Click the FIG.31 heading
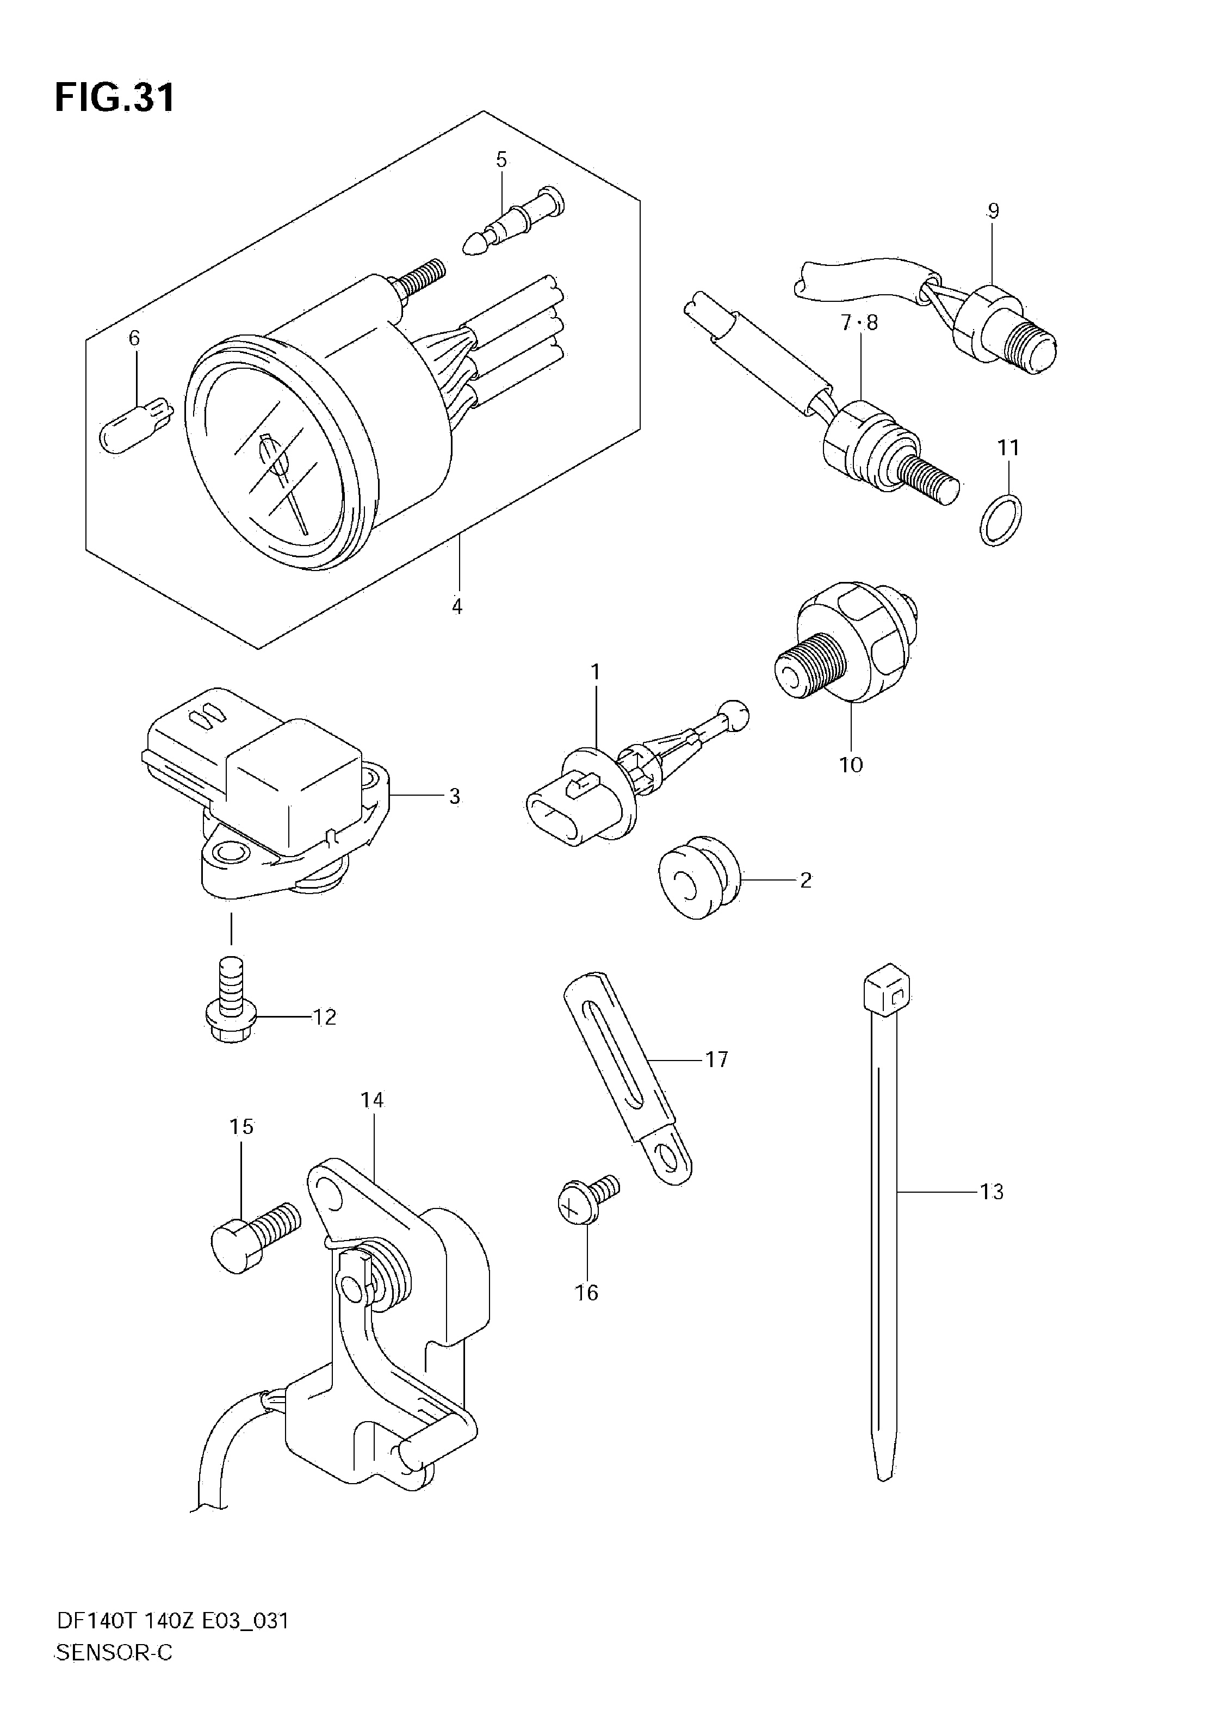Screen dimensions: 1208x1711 [115, 97]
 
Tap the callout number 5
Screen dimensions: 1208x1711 [501, 159]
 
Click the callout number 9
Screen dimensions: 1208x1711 [993, 211]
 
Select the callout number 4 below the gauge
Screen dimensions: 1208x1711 [457, 606]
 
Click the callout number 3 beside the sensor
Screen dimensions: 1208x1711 [455, 797]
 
